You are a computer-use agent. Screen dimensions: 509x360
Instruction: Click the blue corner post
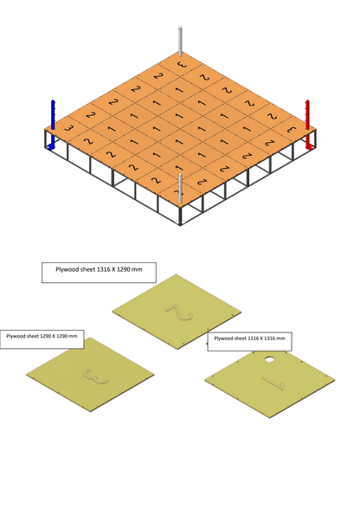pos(52,124)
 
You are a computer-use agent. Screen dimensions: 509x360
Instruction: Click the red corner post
pos(307,124)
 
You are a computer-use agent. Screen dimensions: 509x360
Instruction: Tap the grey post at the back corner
pos(180,43)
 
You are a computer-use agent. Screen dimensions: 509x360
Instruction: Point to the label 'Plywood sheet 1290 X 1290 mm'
pos(42,336)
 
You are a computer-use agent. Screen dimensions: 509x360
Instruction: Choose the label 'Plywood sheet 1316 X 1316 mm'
pos(249,338)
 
